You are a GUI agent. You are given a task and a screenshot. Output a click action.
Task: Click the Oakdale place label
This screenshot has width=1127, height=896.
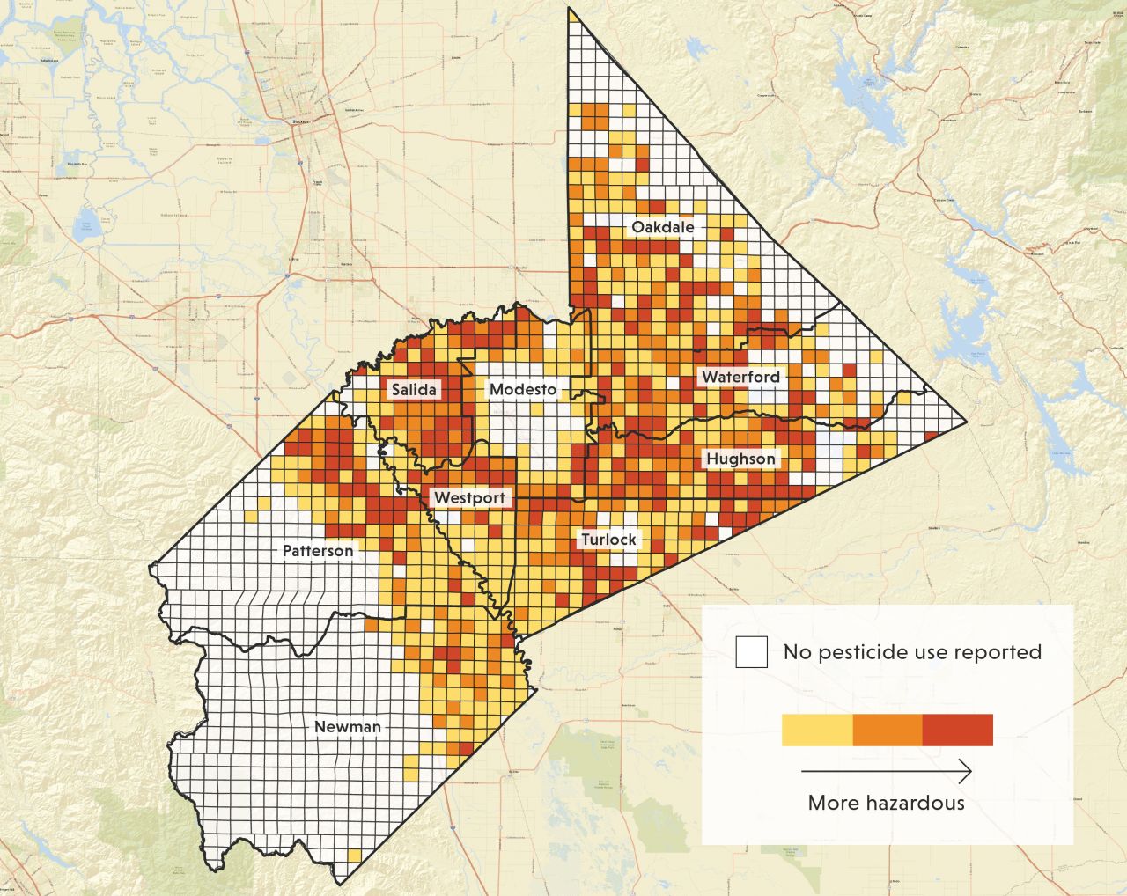coord(662,227)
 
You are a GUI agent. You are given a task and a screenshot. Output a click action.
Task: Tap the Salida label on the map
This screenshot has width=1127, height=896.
coord(413,389)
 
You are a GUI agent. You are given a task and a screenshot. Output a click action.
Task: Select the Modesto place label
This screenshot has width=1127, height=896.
coord(522,389)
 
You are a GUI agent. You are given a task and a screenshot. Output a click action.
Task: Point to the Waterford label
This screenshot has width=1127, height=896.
coord(740,377)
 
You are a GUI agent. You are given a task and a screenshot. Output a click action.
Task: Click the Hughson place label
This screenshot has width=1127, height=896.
coord(740,459)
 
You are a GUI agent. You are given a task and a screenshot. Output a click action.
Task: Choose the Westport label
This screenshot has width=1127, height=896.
coord(470,498)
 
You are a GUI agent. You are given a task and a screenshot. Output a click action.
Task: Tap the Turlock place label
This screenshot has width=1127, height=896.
coord(608,539)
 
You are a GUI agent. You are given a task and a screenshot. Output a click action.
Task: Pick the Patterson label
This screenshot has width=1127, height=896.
coord(318,551)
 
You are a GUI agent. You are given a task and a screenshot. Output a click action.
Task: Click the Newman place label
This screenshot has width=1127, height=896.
coord(348,727)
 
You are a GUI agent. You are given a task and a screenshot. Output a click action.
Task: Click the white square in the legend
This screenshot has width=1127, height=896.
coord(752,652)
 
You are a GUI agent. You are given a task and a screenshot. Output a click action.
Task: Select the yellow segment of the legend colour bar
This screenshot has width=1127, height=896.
coord(817,730)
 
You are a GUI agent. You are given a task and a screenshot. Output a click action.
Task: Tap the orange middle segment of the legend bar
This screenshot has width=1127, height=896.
coord(887,730)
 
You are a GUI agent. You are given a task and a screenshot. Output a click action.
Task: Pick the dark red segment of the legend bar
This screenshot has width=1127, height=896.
coord(957,730)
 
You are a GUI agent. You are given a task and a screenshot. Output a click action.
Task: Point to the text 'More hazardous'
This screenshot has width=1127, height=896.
coord(886,803)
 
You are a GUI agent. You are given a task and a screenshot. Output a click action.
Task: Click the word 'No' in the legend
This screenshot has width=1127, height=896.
coord(798,652)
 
